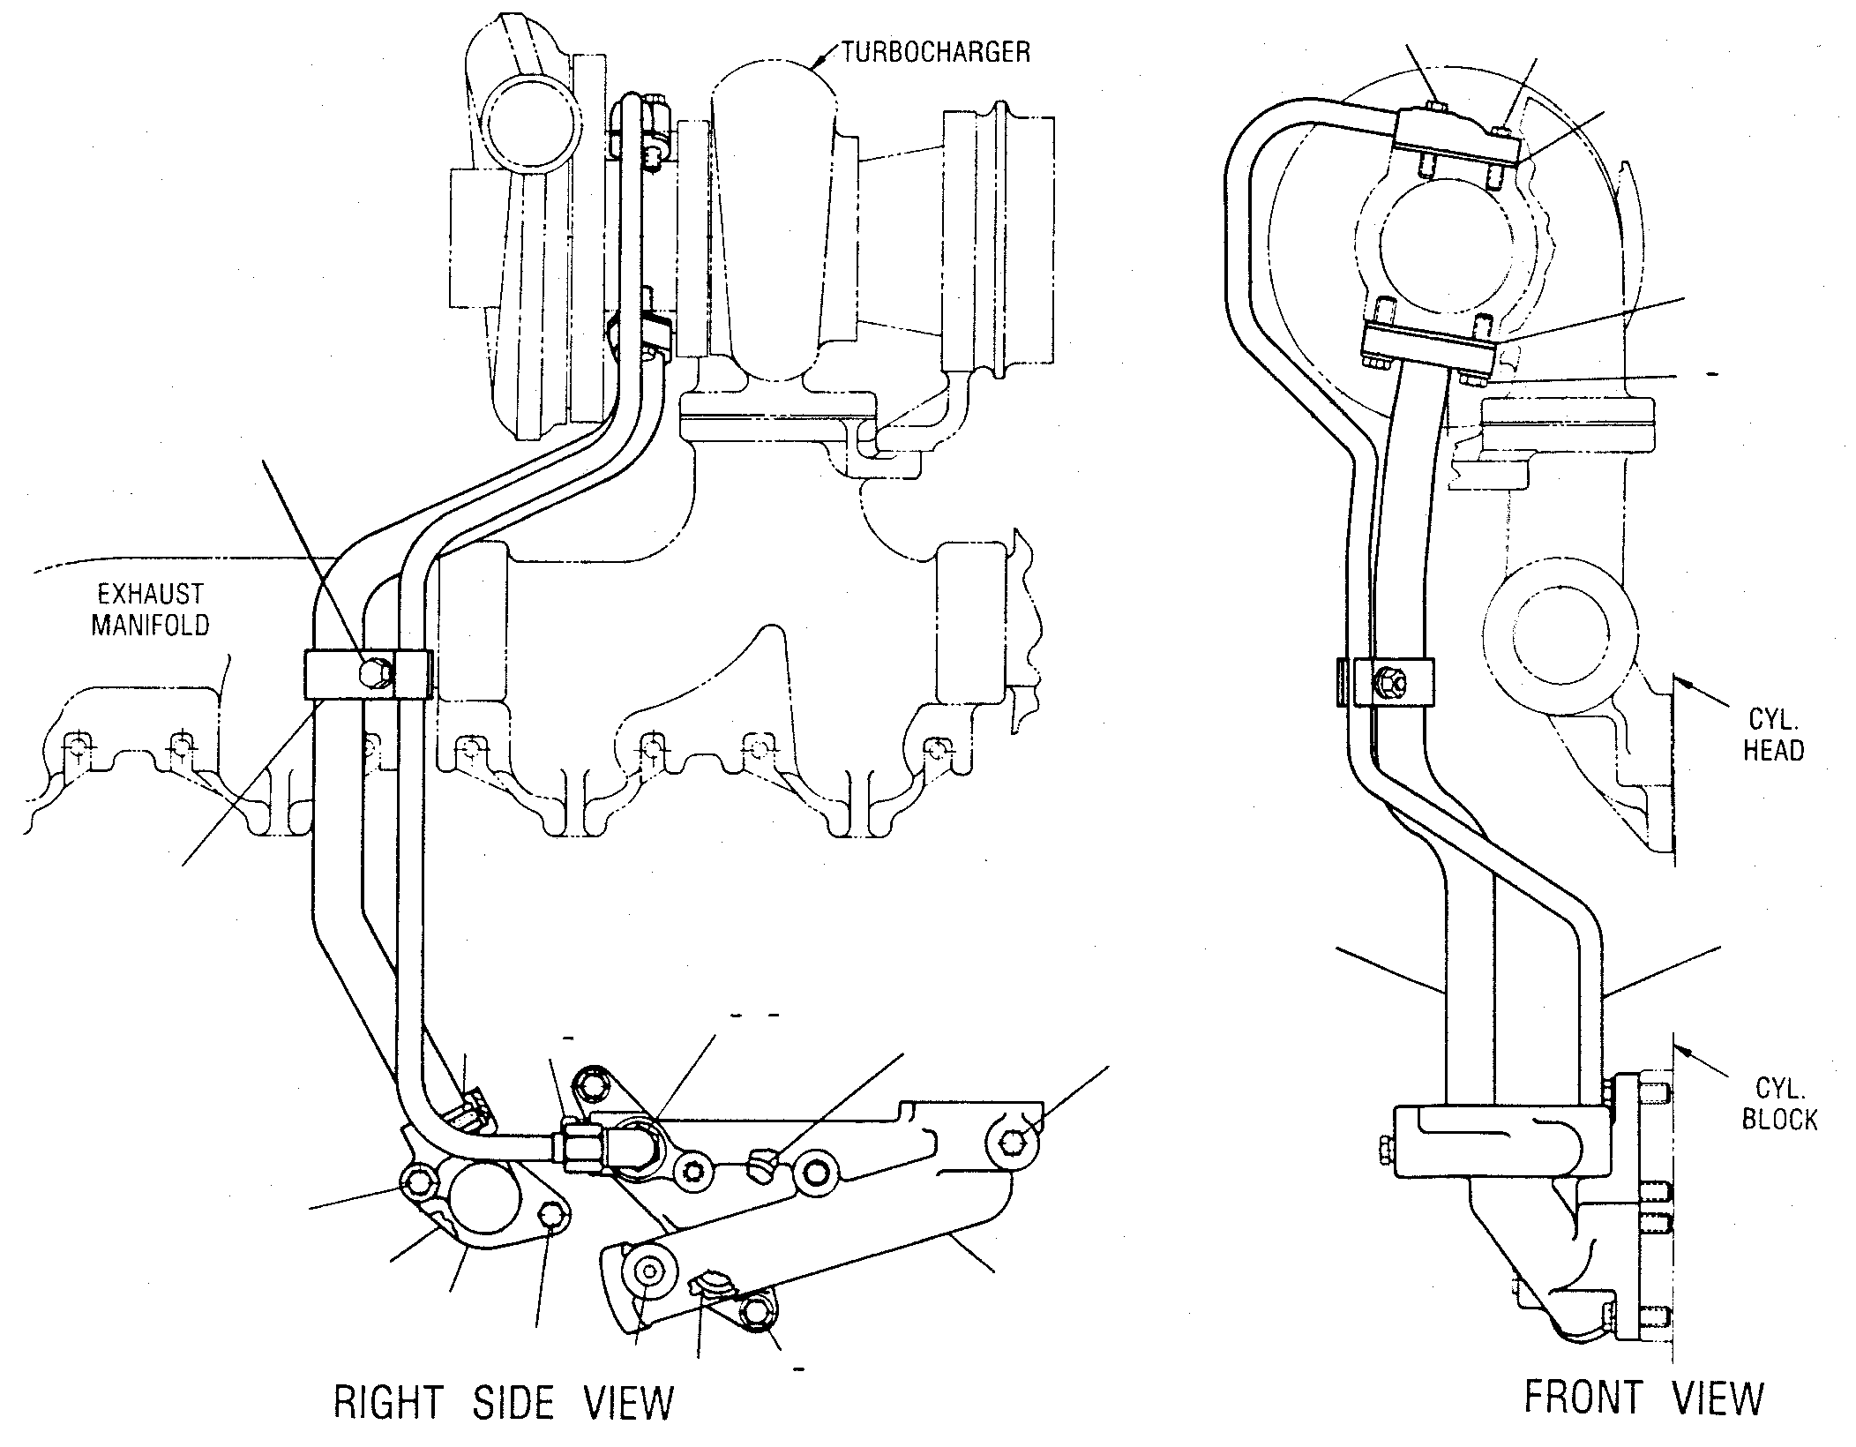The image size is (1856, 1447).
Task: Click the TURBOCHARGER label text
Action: click(935, 52)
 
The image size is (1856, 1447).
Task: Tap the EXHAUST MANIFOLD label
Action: click(151, 609)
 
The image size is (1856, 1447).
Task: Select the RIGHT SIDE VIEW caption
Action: click(504, 1402)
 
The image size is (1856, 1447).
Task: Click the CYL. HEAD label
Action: click(1772, 734)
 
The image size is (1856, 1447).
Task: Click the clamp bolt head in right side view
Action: click(377, 674)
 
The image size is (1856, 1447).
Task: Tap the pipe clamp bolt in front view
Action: click(1388, 681)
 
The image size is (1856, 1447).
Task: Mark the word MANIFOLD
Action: click(151, 625)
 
